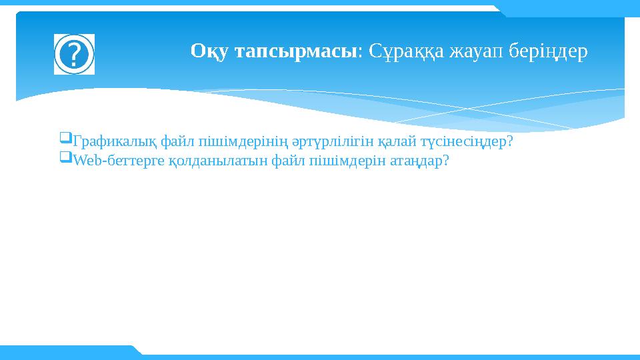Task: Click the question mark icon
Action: (74, 54)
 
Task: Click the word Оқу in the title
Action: (209, 52)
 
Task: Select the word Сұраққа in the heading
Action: (406, 52)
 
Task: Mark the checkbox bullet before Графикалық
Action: (66, 137)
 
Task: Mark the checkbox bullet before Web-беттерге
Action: (66, 157)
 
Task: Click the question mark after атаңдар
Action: (445, 160)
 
